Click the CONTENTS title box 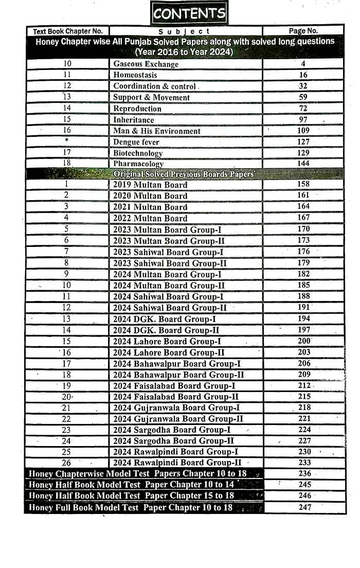click(189, 13)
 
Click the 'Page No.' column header click(303, 31)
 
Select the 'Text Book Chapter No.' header click(68, 31)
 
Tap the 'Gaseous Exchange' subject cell click(146, 64)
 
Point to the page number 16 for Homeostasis click(303, 75)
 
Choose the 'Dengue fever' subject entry click(136, 142)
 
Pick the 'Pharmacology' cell click(138, 164)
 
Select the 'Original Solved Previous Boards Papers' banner click(184, 174)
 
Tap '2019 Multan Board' click(150, 185)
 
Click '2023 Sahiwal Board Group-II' click(170, 263)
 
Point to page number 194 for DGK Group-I click(303, 319)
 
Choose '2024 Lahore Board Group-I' click(167, 342)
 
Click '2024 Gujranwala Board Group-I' click(176, 408)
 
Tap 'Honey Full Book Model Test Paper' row click(131, 508)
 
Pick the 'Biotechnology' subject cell click(138, 153)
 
